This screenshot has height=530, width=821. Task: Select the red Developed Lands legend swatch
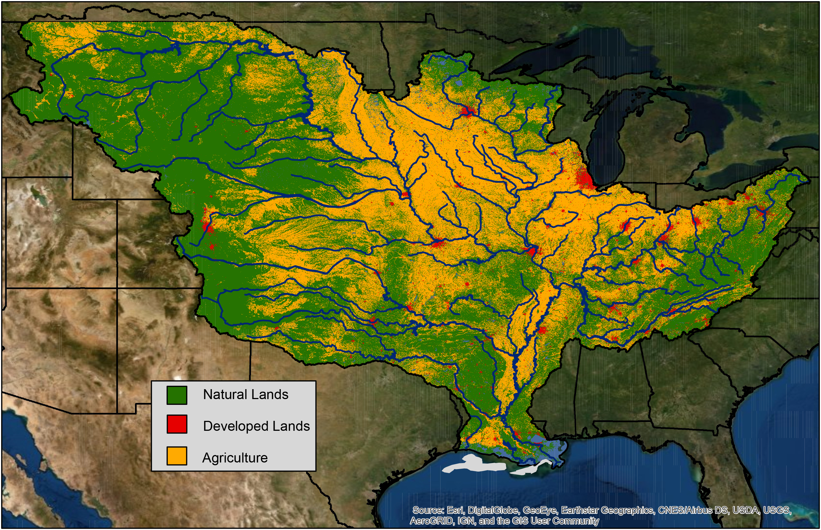177,424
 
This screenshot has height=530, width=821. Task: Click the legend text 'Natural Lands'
245,394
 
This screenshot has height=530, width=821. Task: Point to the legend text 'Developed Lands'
256,426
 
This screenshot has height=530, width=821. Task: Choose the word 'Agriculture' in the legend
235,458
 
